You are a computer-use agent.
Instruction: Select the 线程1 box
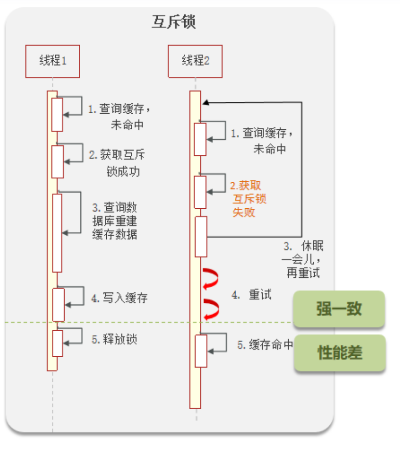[x=52, y=61]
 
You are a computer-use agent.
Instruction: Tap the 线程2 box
[x=195, y=61]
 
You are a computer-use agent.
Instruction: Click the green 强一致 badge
[x=339, y=309]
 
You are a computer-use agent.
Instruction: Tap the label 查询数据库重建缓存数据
[x=114, y=221]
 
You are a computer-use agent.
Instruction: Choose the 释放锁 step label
[x=115, y=339]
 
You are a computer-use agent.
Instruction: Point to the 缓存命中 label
[x=265, y=345]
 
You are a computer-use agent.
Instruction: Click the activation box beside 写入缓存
[x=58, y=304]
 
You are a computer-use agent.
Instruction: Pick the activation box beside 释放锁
[x=57, y=343]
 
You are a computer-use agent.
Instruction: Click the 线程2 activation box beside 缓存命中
[x=201, y=351]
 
